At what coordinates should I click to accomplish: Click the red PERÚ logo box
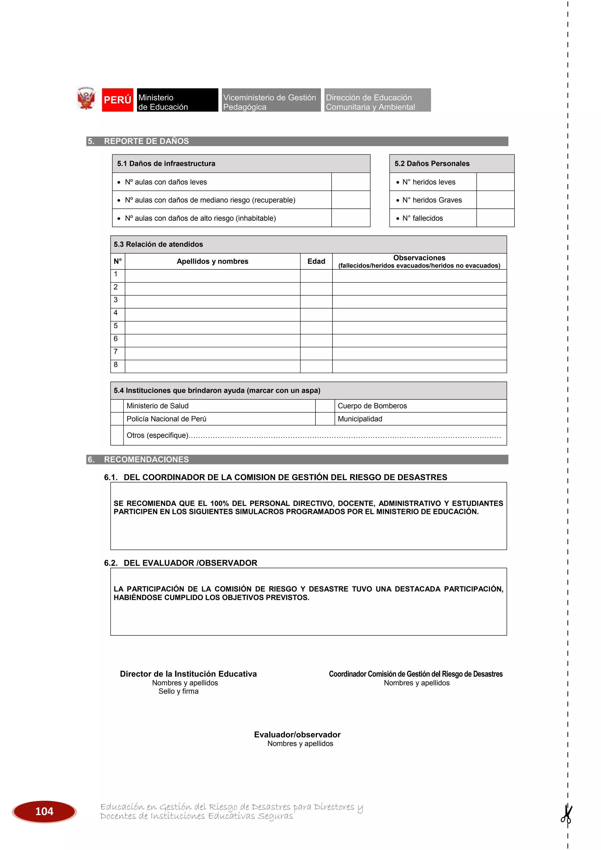[x=117, y=100]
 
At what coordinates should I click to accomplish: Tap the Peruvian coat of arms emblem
[x=86, y=99]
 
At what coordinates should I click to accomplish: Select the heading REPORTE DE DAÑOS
[x=146, y=141]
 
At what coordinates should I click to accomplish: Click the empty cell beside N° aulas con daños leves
[x=350, y=182]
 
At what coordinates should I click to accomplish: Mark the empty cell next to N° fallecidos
[x=495, y=218]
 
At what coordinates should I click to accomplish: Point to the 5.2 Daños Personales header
[x=432, y=164]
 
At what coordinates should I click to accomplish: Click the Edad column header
[x=316, y=261]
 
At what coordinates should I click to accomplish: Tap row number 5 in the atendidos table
[x=116, y=326]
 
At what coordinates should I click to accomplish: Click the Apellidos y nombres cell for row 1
[x=212, y=276]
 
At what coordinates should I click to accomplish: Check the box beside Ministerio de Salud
[x=117, y=406]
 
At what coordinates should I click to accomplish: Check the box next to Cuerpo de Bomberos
[x=325, y=406]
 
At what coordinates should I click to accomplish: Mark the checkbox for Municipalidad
[x=325, y=419]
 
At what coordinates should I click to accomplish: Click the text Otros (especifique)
[x=157, y=435]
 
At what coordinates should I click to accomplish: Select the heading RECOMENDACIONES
[x=146, y=459]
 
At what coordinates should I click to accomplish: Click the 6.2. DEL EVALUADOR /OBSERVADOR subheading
[x=180, y=563]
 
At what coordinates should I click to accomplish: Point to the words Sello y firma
[x=178, y=691]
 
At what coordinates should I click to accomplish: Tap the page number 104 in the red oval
[x=44, y=812]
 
